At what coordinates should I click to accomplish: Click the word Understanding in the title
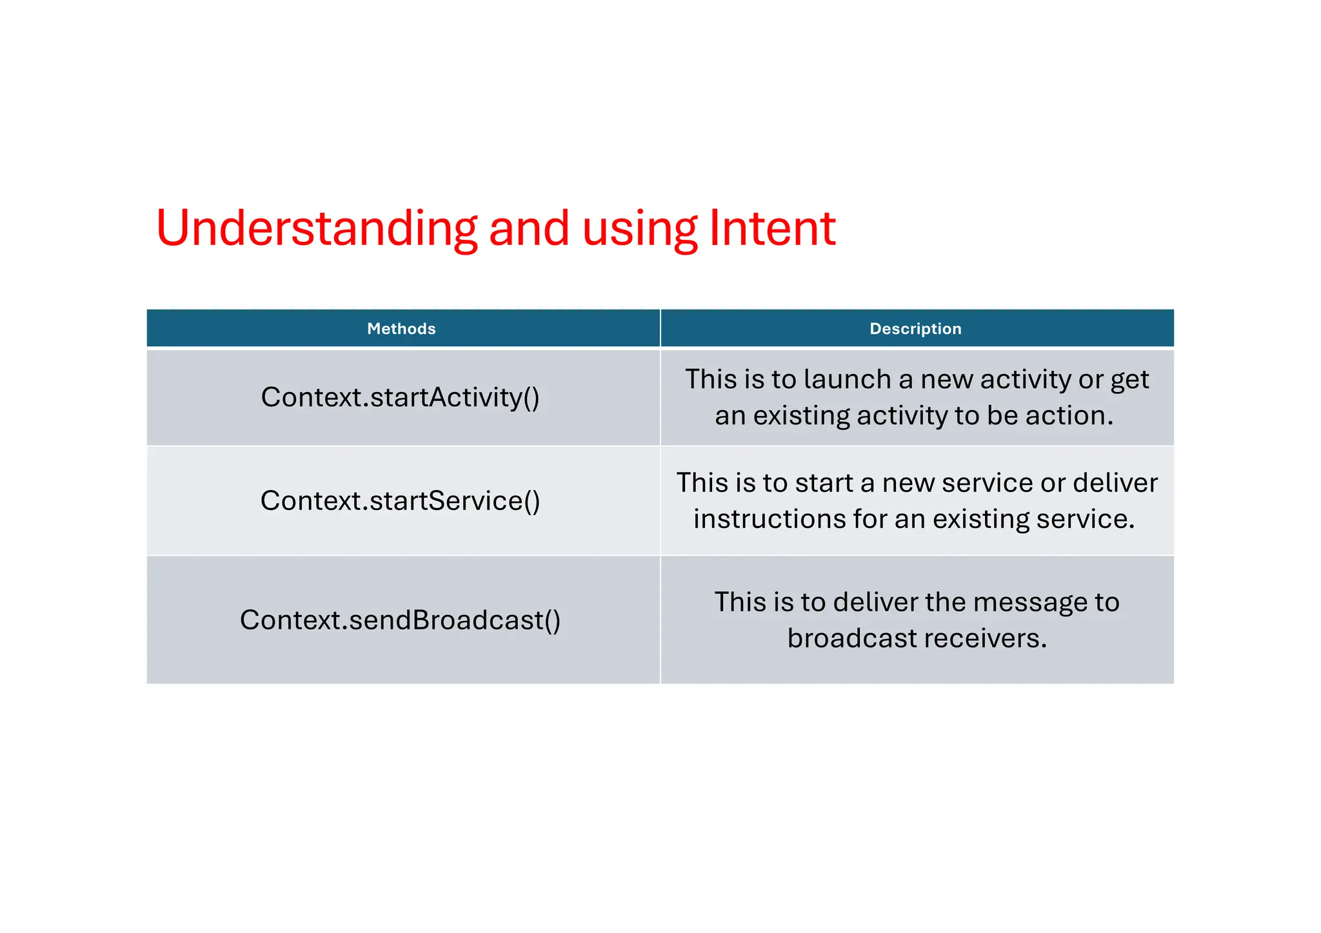tap(317, 228)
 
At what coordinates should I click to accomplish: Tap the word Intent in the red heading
tap(772, 228)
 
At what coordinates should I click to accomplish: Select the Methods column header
tap(401, 329)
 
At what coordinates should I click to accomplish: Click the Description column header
tap(915, 329)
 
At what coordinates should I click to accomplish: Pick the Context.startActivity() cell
tap(400, 397)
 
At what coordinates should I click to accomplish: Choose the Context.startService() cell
tap(400, 501)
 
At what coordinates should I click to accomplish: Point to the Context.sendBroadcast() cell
tap(400, 620)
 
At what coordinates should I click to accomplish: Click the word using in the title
tap(639, 230)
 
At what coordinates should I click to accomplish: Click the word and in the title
tap(529, 228)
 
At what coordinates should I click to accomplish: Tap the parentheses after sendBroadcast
tap(553, 620)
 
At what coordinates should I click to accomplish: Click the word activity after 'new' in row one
tap(1026, 379)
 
